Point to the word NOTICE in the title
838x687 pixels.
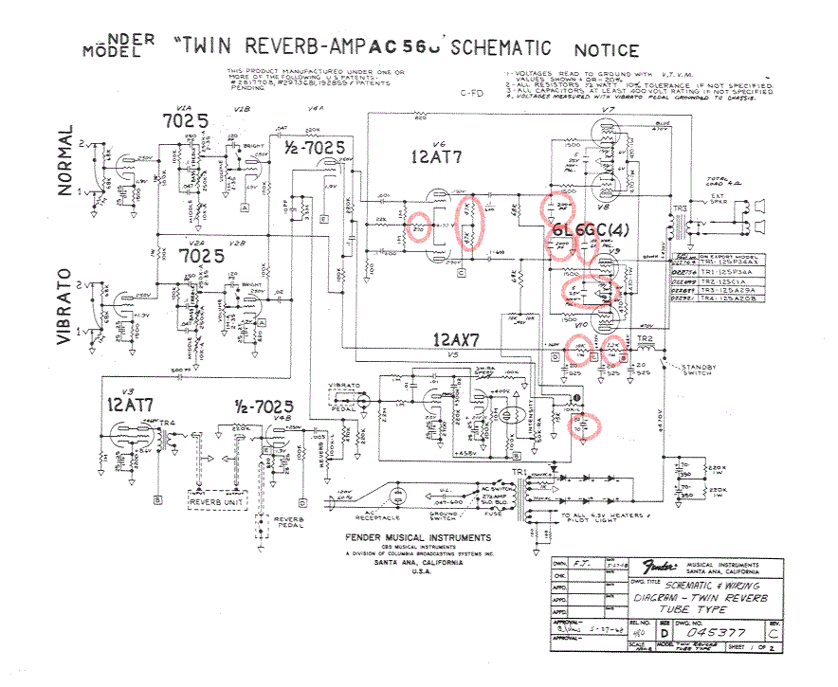pos(606,49)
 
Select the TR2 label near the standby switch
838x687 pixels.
pos(647,338)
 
